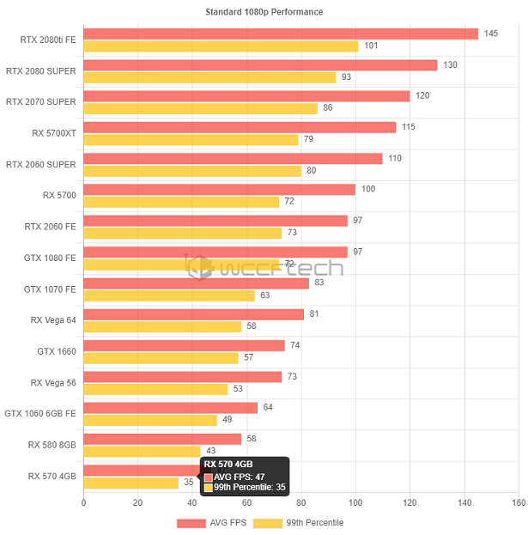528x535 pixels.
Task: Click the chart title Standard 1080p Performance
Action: click(x=264, y=12)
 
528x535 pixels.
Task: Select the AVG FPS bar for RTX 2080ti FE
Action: click(x=281, y=33)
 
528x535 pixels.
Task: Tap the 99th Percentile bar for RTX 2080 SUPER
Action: click(x=209, y=77)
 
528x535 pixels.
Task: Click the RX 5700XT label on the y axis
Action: click(x=54, y=133)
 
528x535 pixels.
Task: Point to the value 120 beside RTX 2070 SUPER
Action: click(x=422, y=95)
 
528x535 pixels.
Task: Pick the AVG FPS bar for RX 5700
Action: click(x=219, y=189)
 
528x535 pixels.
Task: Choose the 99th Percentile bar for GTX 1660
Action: click(x=161, y=357)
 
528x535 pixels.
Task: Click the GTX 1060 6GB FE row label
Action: click(x=40, y=413)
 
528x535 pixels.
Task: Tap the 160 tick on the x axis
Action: click(x=518, y=502)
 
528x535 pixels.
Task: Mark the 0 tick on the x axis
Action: click(x=83, y=502)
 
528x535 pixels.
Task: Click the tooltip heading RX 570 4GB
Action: click(x=228, y=465)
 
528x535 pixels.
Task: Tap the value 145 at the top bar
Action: click(x=491, y=33)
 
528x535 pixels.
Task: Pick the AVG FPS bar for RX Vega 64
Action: click(x=193, y=314)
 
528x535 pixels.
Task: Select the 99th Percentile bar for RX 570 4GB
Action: click(x=130, y=482)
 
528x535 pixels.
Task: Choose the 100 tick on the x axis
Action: click(x=355, y=502)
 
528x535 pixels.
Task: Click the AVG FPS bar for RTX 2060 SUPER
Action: click(x=233, y=158)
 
